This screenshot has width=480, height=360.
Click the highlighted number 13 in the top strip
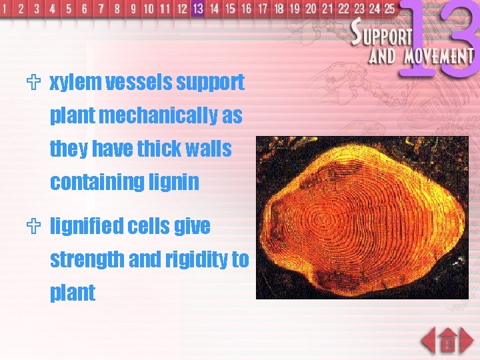click(197, 9)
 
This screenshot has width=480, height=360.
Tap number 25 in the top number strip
click(389, 9)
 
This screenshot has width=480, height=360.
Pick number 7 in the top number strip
click(101, 9)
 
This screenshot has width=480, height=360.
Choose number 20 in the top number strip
click(311, 9)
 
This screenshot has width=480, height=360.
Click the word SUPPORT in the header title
click(384, 33)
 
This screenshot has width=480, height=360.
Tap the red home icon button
click(447, 341)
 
